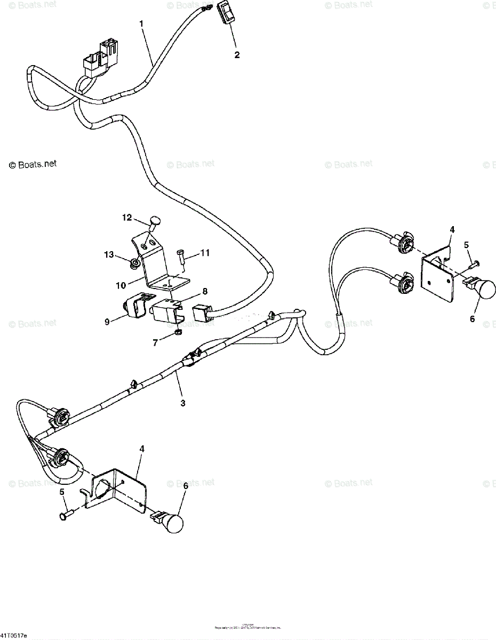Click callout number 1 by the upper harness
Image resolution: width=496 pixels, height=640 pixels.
[x=141, y=24]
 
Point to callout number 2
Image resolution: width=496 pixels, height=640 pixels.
[x=237, y=54]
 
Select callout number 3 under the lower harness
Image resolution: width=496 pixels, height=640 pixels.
[x=183, y=403]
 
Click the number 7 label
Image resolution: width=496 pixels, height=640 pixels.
[x=155, y=343]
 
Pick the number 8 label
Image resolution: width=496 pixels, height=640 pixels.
[x=204, y=291]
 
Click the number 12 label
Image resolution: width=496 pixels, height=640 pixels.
[x=126, y=217]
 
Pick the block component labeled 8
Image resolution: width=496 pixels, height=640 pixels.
[x=166, y=309]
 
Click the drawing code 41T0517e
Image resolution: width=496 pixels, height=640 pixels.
[x=14, y=636]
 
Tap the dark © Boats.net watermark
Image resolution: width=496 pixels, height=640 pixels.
[x=33, y=164]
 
